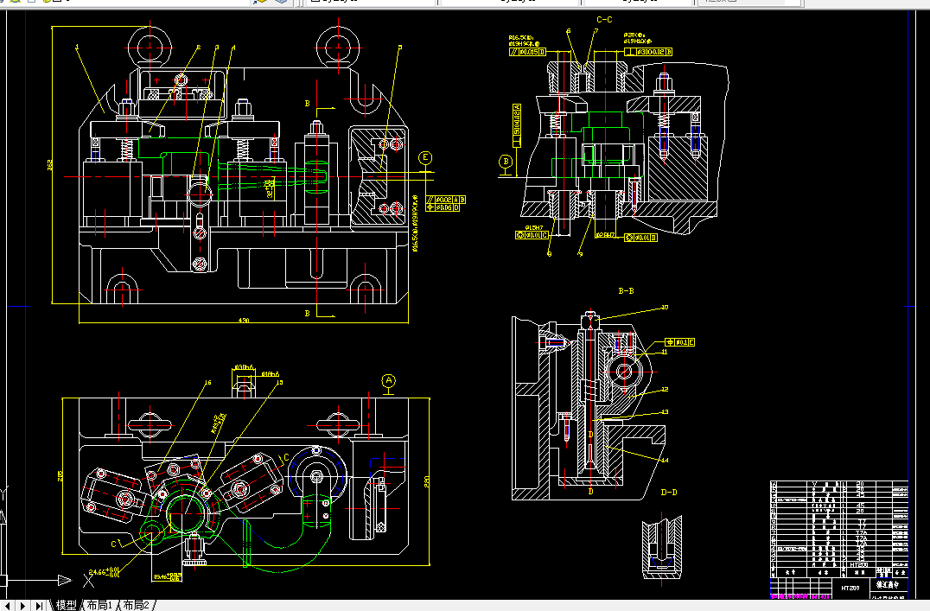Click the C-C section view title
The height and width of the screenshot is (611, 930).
pyautogui.click(x=604, y=19)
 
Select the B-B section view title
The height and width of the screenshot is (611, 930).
pyautogui.click(x=626, y=292)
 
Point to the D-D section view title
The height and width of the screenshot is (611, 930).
pyautogui.click(x=668, y=493)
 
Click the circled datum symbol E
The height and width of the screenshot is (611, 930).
pyautogui.click(x=425, y=158)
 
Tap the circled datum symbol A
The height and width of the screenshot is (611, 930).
pyautogui.click(x=389, y=380)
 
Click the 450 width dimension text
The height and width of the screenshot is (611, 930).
pyautogui.click(x=244, y=321)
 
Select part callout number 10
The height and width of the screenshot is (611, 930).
pyautogui.click(x=665, y=308)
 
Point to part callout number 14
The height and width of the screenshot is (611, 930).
pyautogui.click(x=664, y=461)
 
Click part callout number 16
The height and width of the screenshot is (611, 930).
pyautogui.click(x=207, y=382)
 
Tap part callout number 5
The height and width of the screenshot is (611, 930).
pyautogui.click(x=399, y=48)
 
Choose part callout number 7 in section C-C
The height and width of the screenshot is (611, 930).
pyautogui.click(x=596, y=32)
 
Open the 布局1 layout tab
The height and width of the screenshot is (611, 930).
pyautogui.click(x=99, y=605)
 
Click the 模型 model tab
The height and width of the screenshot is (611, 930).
pyautogui.click(x=67, y=605)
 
